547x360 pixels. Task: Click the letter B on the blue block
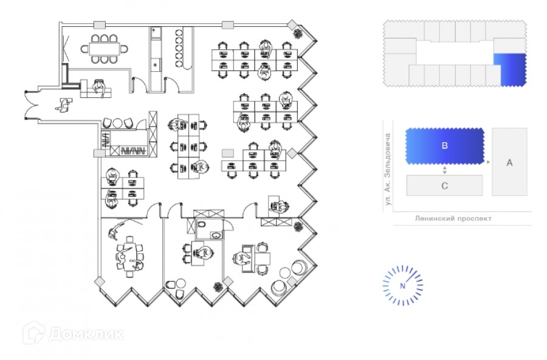point(444,145)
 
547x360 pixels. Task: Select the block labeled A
point(509,162)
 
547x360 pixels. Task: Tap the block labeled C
point(444,185)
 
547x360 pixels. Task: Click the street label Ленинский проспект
point(453,218)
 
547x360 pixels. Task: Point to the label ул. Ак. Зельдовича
point(388,169)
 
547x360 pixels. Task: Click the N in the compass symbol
point(402,286)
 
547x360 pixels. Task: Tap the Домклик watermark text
point(86,334)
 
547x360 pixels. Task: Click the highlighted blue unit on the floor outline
point(511,69)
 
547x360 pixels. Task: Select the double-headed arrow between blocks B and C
point(444,170)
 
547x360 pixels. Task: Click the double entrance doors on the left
point(32,106)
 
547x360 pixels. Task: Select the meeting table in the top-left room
point(105,49)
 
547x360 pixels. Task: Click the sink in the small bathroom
point(216,235)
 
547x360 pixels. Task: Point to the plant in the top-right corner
point(298,33)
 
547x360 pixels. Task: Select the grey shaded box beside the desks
point(228,153)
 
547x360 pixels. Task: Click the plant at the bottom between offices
point(218,288)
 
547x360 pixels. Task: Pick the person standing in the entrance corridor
point(63,105)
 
